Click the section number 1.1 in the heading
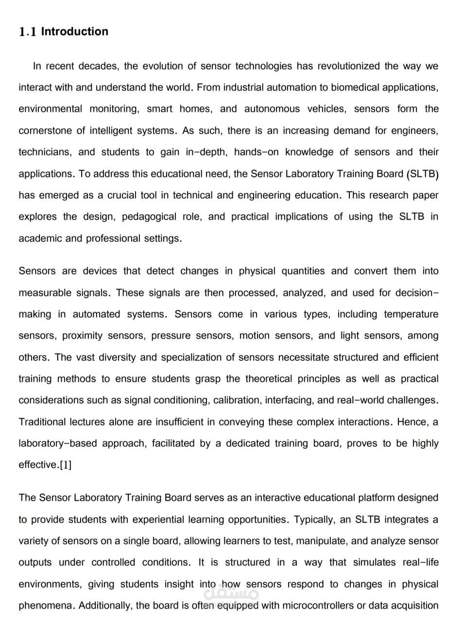(x=28, y=32)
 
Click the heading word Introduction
(x=75, y=32)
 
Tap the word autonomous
(x=272, y=109)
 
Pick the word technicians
(x=44, y=152)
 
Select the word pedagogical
(x=149, y=217)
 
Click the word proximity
(x=82, y=336)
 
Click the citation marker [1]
(x=65, y=465)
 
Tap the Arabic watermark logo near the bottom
(x=231, y=593)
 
